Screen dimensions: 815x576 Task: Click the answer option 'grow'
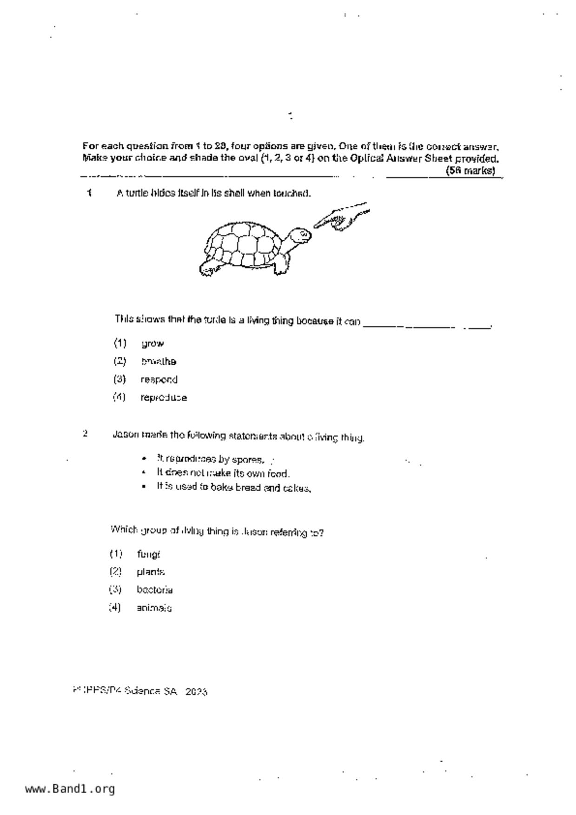coord(152,344)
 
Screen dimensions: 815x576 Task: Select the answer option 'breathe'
coord(158,361)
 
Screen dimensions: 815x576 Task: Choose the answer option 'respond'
coord(159,380)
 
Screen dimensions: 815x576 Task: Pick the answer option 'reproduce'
coord(164,398)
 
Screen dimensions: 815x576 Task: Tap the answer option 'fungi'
coord(148,554)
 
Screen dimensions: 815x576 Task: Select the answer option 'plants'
coord(151,572)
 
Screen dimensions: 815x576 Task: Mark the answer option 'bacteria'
coord(155,590)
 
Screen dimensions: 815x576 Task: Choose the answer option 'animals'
coord(154,608)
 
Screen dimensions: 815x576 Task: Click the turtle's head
coord(300,235)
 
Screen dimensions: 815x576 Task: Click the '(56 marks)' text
coord(470,171)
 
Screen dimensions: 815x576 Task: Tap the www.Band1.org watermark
coord(70,789)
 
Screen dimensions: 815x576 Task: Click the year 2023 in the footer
coord(196,692)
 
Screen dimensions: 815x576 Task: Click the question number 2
coord(85,434)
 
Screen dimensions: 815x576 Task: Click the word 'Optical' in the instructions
coord(367,158)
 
